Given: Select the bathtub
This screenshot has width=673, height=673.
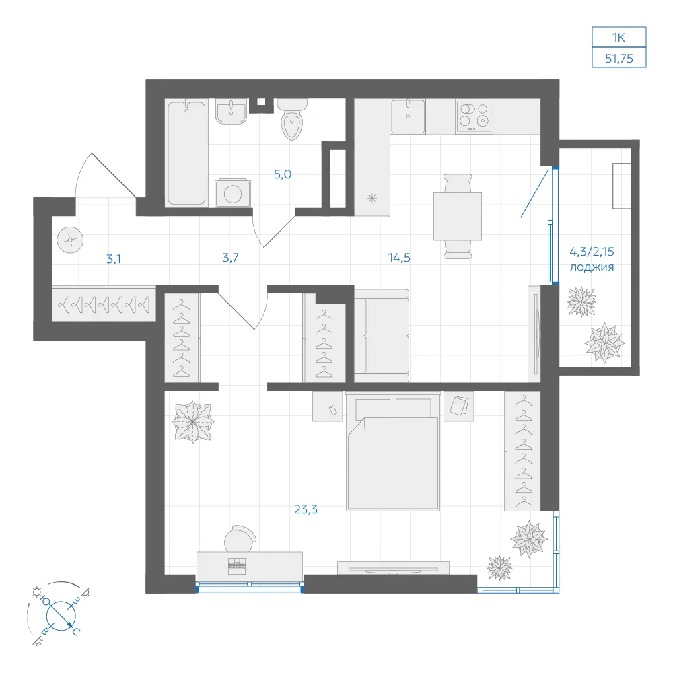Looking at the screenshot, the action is [186, 153].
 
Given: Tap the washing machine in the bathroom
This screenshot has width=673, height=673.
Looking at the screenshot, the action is [233, 193].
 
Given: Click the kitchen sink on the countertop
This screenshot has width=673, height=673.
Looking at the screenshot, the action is [408, 116].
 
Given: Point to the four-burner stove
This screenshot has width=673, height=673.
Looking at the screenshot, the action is [474, 116].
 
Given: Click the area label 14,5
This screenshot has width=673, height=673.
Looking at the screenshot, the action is [399, 258].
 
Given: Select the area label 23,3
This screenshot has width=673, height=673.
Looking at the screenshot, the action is [306, 509].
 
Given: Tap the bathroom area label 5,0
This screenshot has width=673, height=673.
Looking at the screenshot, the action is [283, 174].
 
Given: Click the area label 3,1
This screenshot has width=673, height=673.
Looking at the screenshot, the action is [113, 259].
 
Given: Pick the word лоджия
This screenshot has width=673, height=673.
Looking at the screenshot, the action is [592, 267].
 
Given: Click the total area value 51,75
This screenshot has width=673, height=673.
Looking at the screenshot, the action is [619, 59].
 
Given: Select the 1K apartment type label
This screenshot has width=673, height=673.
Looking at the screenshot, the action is [618, 38].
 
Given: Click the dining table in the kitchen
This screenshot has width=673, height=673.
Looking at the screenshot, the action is [458, 216].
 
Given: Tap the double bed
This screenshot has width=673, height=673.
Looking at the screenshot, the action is [393, 452].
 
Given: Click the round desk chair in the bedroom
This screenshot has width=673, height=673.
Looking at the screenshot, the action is [240, 538].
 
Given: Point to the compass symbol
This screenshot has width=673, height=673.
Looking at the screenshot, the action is [61, 615].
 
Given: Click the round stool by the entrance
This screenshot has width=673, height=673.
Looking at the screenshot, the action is [70, 240].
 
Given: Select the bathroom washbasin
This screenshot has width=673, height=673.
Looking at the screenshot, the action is [231, 112].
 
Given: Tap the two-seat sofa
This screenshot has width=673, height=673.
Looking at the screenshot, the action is [382, 336].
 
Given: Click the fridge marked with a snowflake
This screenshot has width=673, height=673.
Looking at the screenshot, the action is [371, 197].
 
